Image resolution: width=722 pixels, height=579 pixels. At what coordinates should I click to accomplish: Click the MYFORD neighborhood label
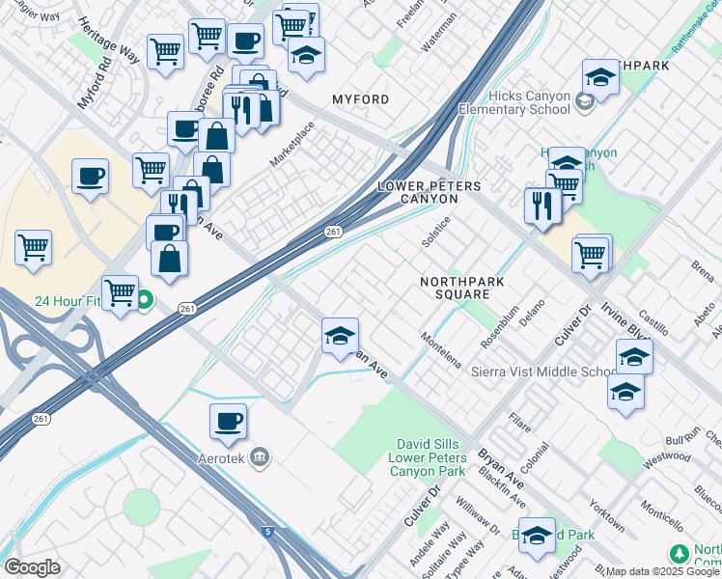click(360, 99)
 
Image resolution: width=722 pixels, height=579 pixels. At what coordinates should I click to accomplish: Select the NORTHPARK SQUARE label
click(461, 288)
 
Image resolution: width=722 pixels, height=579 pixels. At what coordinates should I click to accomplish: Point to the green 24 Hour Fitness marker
click(144, 301)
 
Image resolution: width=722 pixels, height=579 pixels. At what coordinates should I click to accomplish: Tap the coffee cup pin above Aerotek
click(228, 422)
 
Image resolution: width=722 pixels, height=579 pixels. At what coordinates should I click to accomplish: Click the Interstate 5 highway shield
click(265, 531)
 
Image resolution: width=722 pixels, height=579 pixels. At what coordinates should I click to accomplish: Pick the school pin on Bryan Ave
click(340, 336)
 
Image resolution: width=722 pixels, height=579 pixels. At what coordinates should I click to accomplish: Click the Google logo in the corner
click(32, 567)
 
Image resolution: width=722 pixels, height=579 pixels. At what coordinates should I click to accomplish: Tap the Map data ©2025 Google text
click(662, 571)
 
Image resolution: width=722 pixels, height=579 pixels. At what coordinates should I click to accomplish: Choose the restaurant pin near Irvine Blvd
click(542, 206)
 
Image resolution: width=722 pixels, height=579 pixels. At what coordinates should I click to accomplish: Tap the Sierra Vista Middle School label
click(543, 372)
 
